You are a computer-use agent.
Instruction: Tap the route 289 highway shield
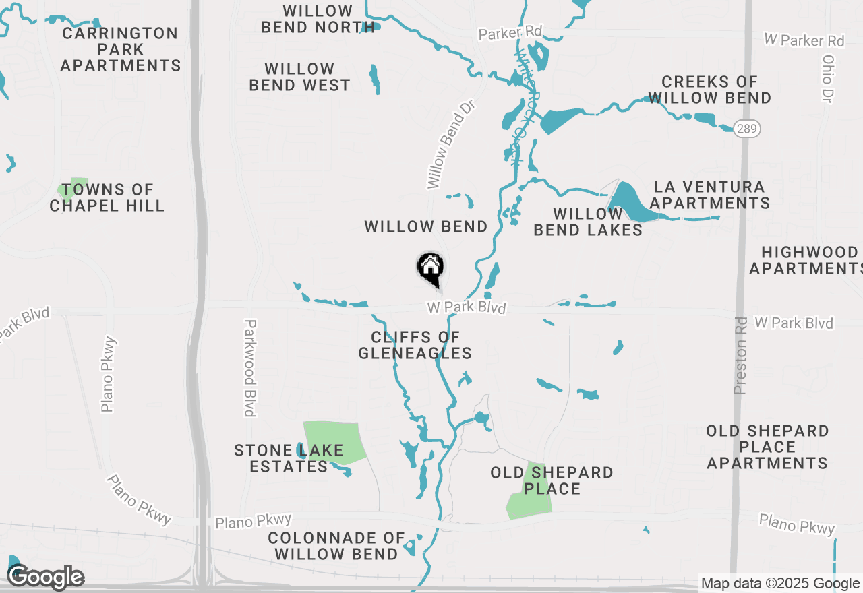[x=746, y=128]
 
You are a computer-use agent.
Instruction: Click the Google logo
[x=46, y=577]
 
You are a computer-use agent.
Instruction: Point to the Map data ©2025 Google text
[x=781, y=584]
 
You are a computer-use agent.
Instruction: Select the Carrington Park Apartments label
[x=121, y=49]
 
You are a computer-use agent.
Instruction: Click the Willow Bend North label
[x=318, y=19]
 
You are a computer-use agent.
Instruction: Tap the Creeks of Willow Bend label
[x=709, y=90]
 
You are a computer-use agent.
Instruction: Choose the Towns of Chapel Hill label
[x=107, y=197]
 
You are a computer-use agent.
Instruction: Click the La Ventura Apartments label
[x=710, y=195]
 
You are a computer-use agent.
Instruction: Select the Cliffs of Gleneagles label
[x=415, y=344]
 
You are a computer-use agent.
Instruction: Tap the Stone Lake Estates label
[x=289, y=458]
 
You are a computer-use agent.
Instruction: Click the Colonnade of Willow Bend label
[x=336, y=546]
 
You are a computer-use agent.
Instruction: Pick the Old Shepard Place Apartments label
[x=767, y=447]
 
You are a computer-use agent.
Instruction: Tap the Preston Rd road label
[x=740, y=356]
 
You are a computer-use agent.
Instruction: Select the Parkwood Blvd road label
[x=250, y=367]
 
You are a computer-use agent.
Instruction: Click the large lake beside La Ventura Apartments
[x=632, y=203]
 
